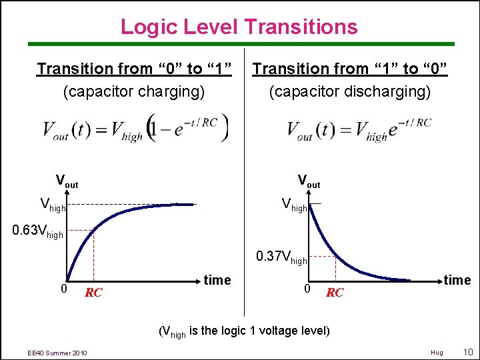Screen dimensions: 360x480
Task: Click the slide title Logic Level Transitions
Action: pyautogui.click(x=239, y=27)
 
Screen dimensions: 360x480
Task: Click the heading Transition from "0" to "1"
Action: pyautogui.click(x=134, y=69)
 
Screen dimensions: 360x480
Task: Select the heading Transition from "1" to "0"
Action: pyautogui.click(x=350, y=69)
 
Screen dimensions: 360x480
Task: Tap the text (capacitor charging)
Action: pyautogui.click(x=134, y=91)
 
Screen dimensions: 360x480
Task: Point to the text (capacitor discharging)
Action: pyautogui.click(x=350, y=91)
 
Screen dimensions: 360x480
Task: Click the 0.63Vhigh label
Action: pyautogui.click(x=39, y=233)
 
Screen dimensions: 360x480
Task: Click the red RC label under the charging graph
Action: pyautogui.click(x=93, y=293)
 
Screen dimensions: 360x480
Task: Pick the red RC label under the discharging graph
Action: pyautogui.click(x=335, y=293)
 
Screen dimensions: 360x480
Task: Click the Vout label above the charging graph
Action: pyautogui.click(x=67, y=181)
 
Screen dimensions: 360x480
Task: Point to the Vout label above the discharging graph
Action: pyautogui.click(x=309, y=181)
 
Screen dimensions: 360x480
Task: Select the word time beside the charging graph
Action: pyautogui.click(x=217, y=280)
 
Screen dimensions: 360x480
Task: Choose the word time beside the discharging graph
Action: pyautogui.click(x=457, y=280)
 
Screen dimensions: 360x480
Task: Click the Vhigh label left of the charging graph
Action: pyautogui.click(x=53, y=205)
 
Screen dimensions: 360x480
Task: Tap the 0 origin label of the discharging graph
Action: pyautogui.click(x=306, y=289)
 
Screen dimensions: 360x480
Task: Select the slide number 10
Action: pyautogui.click(x=467, y=351)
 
